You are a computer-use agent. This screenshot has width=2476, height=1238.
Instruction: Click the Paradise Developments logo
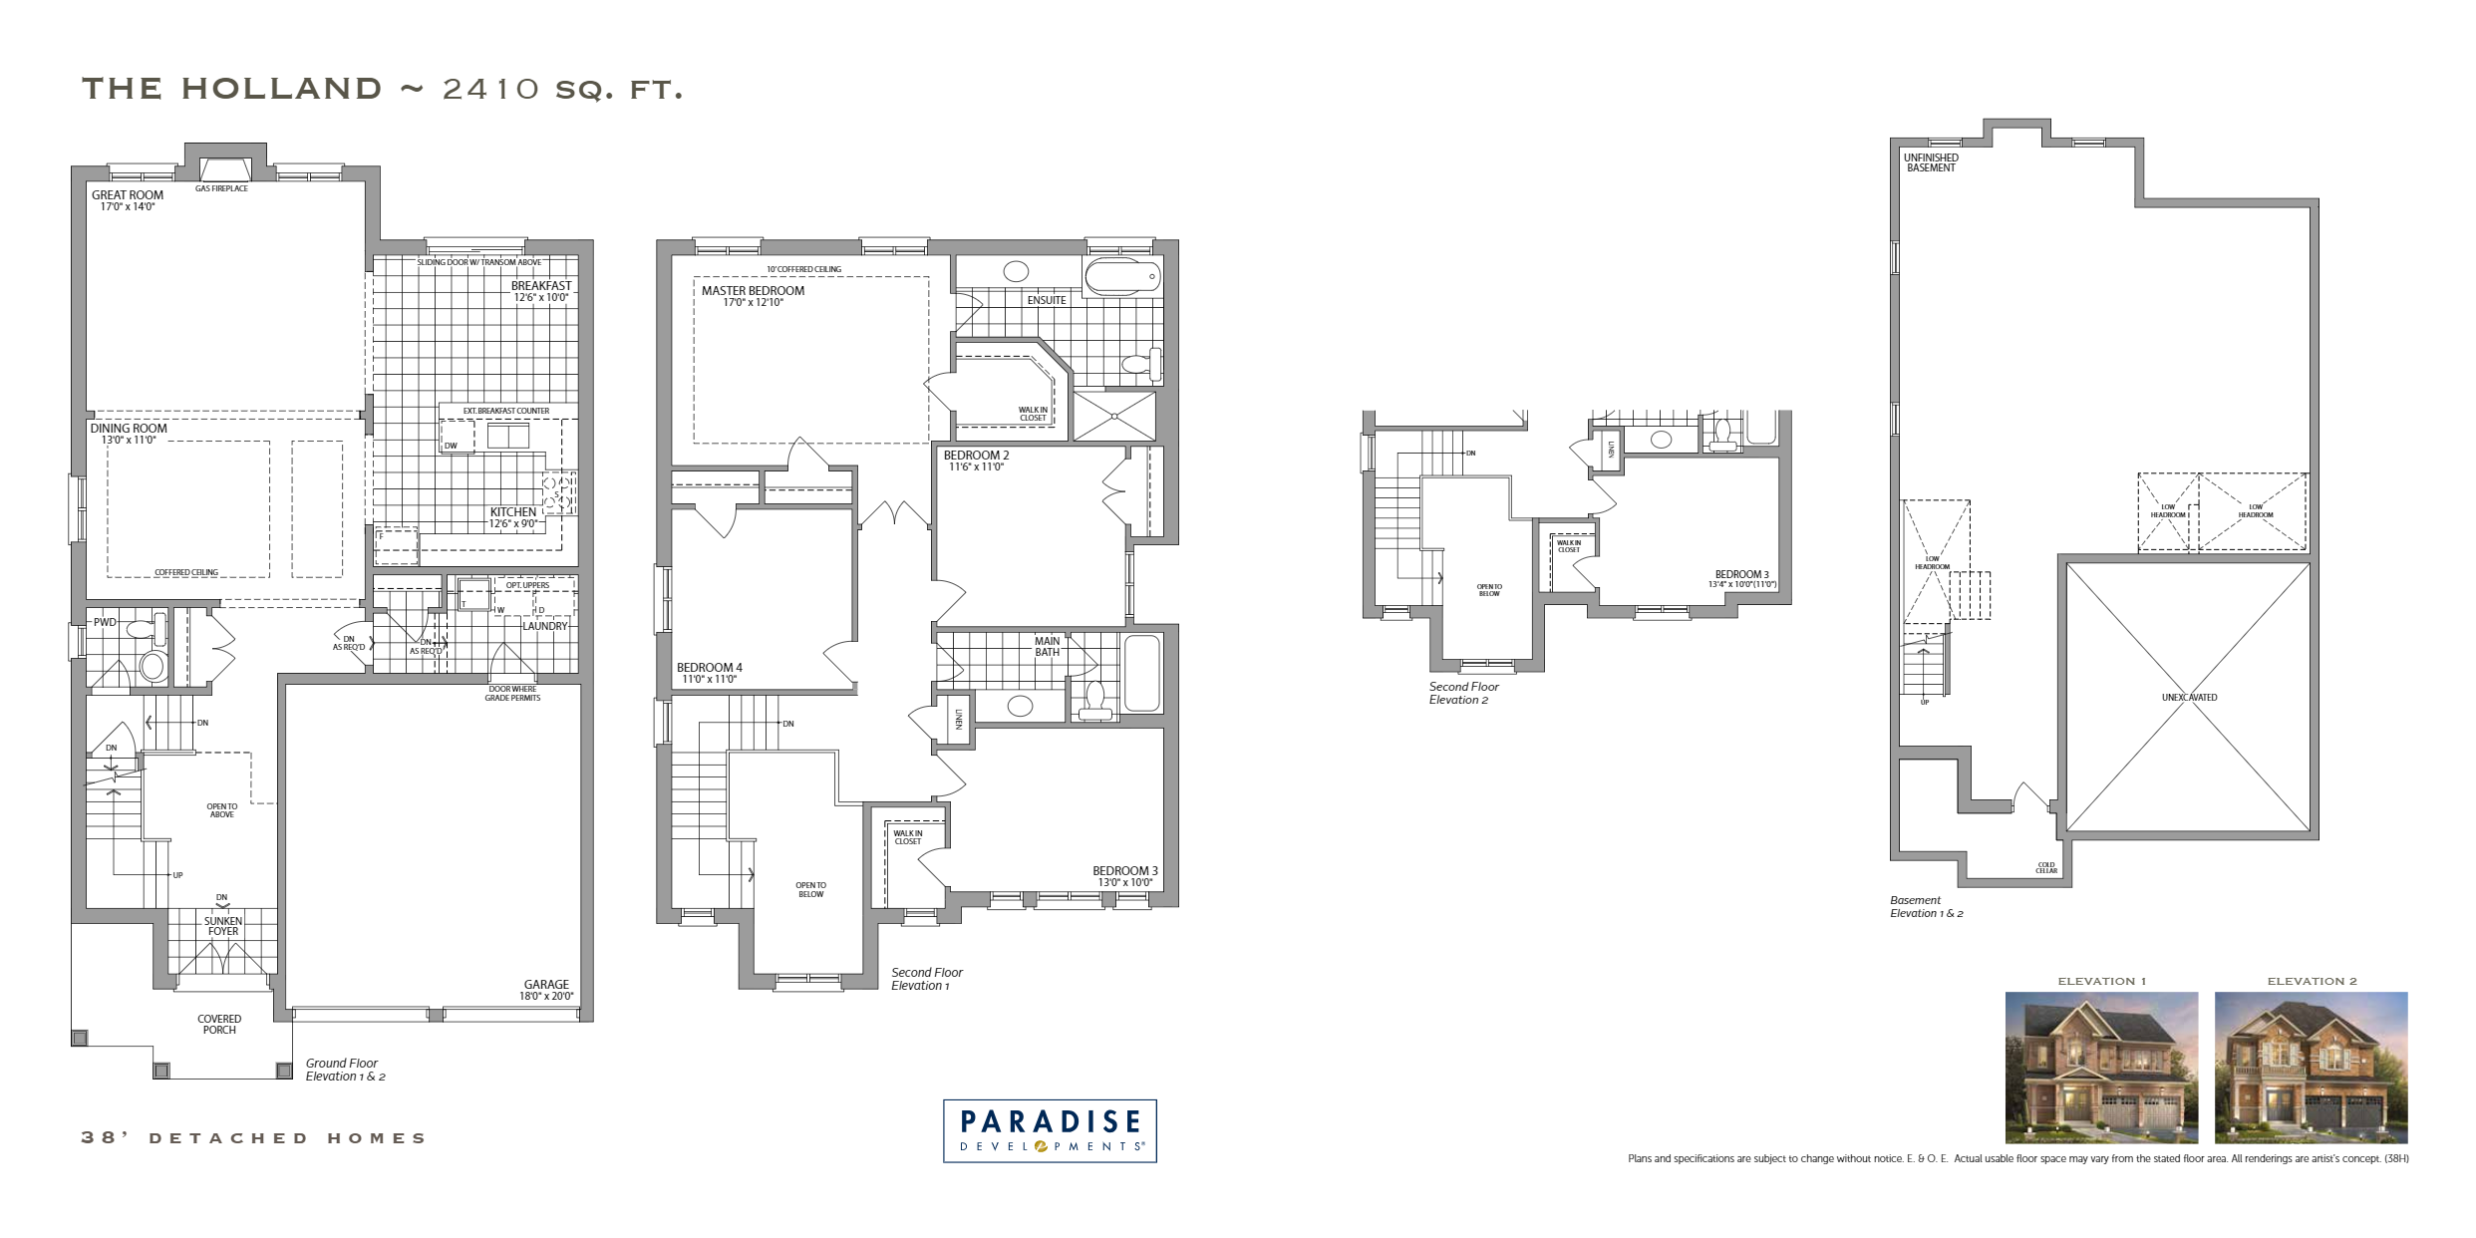tap(1050, 1130)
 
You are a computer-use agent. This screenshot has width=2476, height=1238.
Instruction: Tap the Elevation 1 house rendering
tap(2101, 1067)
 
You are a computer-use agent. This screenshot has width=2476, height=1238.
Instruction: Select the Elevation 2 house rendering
tap(2311, 1067)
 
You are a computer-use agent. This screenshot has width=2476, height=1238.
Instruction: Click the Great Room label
tap(128, 195)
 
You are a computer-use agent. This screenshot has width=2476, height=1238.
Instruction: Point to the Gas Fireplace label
tap(221, 188)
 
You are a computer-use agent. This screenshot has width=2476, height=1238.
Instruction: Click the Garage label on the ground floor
tap(544, 984)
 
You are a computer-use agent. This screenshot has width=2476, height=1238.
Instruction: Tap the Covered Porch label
tap(219, 1024)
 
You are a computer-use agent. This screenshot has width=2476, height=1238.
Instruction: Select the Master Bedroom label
tap(753, 291)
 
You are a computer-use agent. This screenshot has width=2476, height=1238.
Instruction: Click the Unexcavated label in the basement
tap(2189, 698)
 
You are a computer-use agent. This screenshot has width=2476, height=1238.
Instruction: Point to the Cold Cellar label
tap(2045, 868)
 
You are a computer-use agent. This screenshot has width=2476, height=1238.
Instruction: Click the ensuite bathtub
tap(1123, 275)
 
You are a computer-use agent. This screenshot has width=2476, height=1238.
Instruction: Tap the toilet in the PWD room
tap(154, 664)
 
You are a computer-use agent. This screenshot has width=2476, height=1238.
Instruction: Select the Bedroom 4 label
tap(709, 668)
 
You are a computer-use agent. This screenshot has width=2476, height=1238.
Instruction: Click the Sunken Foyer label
tap(223, 926)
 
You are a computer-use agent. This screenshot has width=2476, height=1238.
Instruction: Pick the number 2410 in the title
tap(490, 89)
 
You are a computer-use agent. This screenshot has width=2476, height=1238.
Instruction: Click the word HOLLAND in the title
tap(281, 89)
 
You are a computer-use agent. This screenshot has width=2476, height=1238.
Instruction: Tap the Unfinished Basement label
tap(1931, 162)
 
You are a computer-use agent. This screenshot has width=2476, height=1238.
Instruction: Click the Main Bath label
tap(1047, 647)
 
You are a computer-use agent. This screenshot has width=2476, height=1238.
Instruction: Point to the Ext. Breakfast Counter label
tap(506, 411)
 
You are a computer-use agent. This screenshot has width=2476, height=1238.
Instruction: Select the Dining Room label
tap(129, 429)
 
